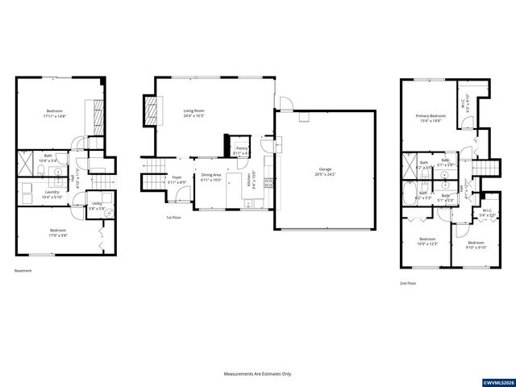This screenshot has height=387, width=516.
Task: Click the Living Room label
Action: tap(193, 112)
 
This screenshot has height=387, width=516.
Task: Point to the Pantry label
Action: tap(241, 151)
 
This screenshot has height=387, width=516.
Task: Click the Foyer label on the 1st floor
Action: tap(177, 179)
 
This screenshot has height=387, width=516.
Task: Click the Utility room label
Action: tap(96, 206)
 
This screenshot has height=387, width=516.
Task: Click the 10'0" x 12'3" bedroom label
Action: tap(427, 241)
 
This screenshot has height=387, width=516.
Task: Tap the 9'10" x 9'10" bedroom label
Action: tap(476, 245)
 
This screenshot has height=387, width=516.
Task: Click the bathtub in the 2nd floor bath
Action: tap(409, 193)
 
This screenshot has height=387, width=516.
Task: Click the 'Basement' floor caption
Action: tap(23, 271)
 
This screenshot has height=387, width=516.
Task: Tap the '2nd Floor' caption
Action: tap(408, 284)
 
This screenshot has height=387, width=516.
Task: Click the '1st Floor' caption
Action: tap(173, 218)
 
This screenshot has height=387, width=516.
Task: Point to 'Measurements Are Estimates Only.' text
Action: tap(257, 374)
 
